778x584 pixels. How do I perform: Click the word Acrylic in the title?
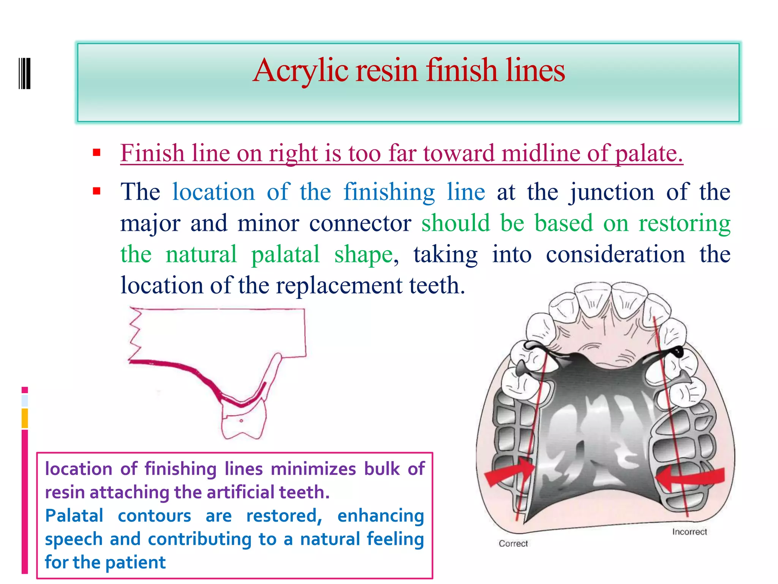[x=300, y=71]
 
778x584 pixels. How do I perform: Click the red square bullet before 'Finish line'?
[x=96, y=153]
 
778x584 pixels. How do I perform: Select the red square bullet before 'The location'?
[x=96, y=191]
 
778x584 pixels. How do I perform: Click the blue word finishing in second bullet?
[x=389, y=192]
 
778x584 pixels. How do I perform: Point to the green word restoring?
[x=684, y=223]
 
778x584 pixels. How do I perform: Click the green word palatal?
[x=285, y=254]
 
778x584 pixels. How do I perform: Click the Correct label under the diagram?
[x=513, y=544]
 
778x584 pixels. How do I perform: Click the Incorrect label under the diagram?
[x=689, y=532]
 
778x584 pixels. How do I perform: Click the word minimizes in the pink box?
[x=313, y=469]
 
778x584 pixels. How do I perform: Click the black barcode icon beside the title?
[x=25, y=73]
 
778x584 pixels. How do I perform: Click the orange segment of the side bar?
[x=25, y=418]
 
